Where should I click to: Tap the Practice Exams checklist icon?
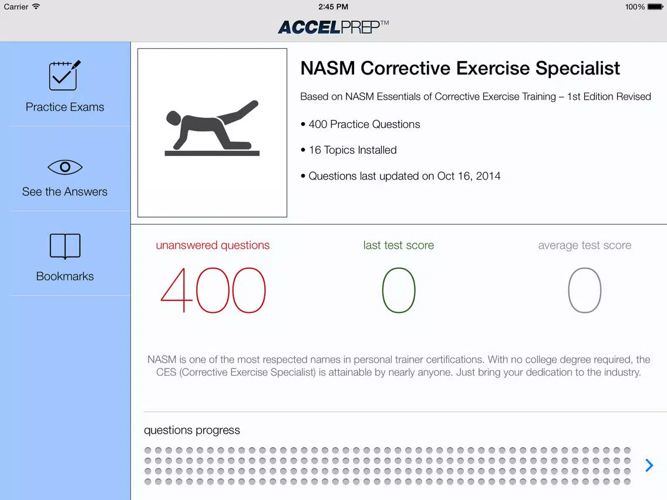coord(64,76)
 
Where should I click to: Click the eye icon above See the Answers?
coord(65,167)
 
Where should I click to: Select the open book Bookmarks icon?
coord(65,246)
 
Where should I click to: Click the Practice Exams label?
coord(65,107)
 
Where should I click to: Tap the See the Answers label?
coord(65,192)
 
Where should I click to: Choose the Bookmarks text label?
coord(65,276)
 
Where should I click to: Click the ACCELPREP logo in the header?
coord(333,27)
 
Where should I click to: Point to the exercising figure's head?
coord(173,118)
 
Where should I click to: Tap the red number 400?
coord(213,290)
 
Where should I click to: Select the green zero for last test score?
coord(399,290)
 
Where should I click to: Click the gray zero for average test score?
coord(584,290)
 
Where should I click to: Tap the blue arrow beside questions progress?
coord(649,465)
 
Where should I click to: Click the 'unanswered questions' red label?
coord(213,245)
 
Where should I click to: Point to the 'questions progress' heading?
coord(192,430)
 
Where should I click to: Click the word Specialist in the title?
coord(578,69)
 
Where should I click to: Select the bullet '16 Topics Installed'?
coord(348,150)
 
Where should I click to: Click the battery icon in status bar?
coord(655,7)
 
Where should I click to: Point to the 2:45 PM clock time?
coord(333,7)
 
